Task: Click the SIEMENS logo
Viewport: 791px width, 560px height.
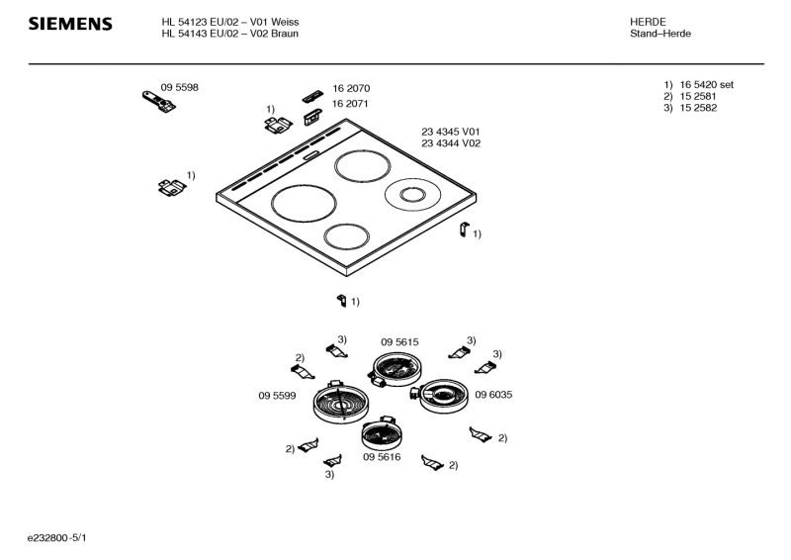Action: click(x=70, y=24)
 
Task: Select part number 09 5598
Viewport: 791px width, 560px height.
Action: click(x=180, y=87)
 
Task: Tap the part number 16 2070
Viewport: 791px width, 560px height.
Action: click(x=351, y=88)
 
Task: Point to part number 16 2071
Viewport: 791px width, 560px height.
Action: click(x=350, y=104)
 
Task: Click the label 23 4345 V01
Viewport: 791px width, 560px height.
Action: click(x=451, y=132)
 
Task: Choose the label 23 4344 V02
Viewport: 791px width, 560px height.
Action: click(x=451, y=143)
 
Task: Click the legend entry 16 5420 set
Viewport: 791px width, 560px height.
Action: click(x=707, y=85)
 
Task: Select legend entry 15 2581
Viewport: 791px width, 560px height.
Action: click(x=698, y=96)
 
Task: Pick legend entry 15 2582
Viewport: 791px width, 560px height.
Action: click(x=698, y=108)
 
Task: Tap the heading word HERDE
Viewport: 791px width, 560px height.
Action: click(x=648, y=22)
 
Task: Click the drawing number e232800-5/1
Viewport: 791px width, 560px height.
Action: click(x=57, y=538)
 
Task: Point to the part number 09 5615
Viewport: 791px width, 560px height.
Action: click(x=399, y=342)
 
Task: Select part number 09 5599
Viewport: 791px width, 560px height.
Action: click(x=277, y=396)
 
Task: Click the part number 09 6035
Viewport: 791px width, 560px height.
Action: click(x=493, y=395)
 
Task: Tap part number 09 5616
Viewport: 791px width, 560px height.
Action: click(x=382, y=457)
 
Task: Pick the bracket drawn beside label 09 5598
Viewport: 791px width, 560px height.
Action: click(x=159, y=102)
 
